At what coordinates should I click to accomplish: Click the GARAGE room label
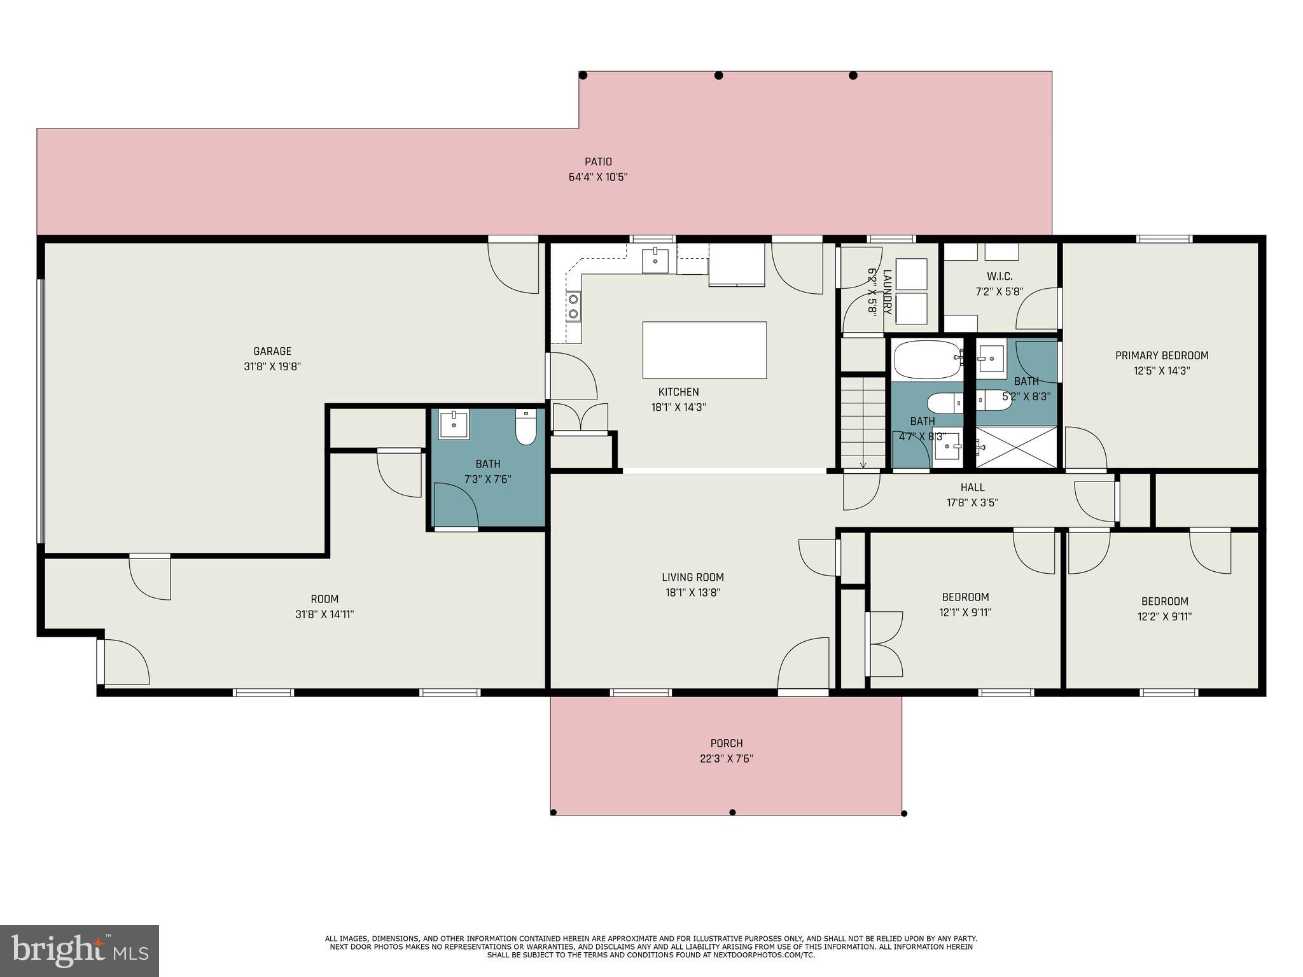point(272,351)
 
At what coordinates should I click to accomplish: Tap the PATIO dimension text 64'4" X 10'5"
point(598,177)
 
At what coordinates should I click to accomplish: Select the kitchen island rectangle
point(704,350)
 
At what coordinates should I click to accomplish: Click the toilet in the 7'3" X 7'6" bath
point(526,427)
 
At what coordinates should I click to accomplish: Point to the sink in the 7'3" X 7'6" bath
point(454,425)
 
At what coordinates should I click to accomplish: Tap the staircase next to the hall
point(863,422)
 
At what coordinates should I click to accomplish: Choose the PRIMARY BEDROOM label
point(1162,356)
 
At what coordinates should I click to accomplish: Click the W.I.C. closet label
point(1000,277)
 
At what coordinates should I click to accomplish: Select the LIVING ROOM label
point(693,578)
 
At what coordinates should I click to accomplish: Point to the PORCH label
point(727,743)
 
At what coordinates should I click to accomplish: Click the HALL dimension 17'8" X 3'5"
point(972,502)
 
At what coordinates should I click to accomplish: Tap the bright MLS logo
point(80,951)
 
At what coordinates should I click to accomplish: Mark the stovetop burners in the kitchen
point(574,306)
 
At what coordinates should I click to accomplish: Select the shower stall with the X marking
point(1016,447)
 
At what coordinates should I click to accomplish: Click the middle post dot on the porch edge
point(732,812)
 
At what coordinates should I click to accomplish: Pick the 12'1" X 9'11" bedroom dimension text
point(965,613)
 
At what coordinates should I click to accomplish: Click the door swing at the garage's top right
point(513,268)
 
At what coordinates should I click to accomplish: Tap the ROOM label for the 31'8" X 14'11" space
point(324,599)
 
